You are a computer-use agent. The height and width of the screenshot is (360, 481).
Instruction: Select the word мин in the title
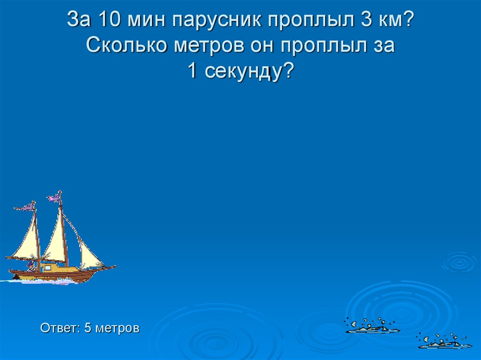click(x=146, y=21)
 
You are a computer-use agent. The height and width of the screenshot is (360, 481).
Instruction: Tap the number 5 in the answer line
click(x=87, y=328)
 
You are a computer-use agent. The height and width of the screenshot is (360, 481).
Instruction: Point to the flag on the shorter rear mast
click(x=26, y=207)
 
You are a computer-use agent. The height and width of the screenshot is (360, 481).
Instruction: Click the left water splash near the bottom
click(x=372, y=326)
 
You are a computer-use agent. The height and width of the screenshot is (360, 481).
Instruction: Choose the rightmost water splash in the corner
click(x=444, y=342)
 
